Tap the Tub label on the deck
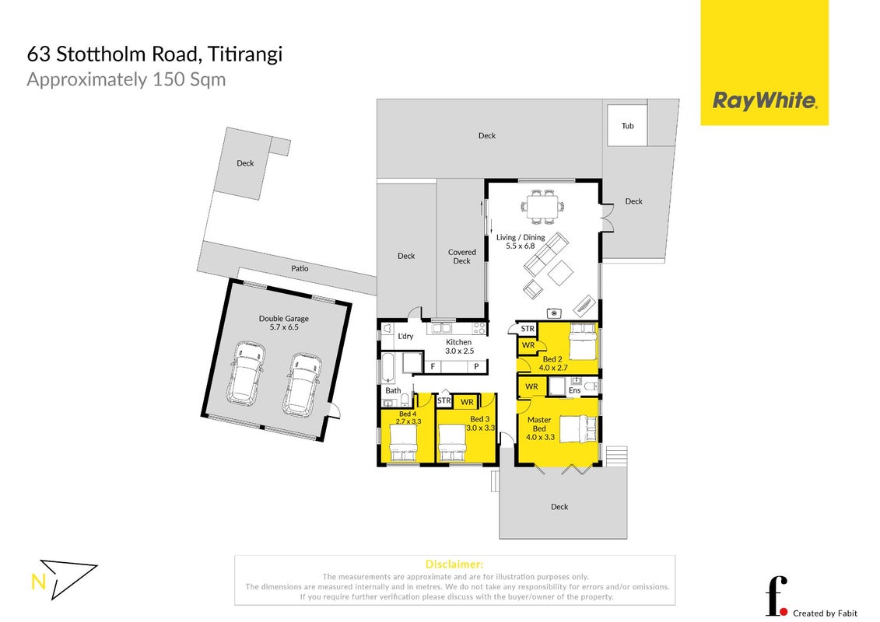pos(627,126)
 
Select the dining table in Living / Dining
pos(542,206)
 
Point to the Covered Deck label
pos(462,257)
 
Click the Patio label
pos(300,268)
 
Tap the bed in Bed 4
pos(403,442)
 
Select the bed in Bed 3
pos(452,442)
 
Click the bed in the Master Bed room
pos(577,428)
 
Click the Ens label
pos(575,390)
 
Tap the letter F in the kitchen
pos(433,367)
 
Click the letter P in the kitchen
pos(476,367)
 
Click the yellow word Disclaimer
pos(454,564)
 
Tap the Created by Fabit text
pos(825,613)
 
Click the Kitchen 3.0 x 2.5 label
pos(459,347)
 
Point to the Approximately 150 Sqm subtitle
pos(126,79)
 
